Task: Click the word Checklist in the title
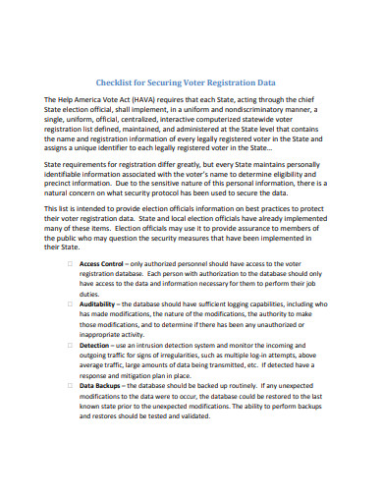click(118, 83)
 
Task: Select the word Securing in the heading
click(175, 83)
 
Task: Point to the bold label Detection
click(95, 374)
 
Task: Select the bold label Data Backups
click(101, 413)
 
